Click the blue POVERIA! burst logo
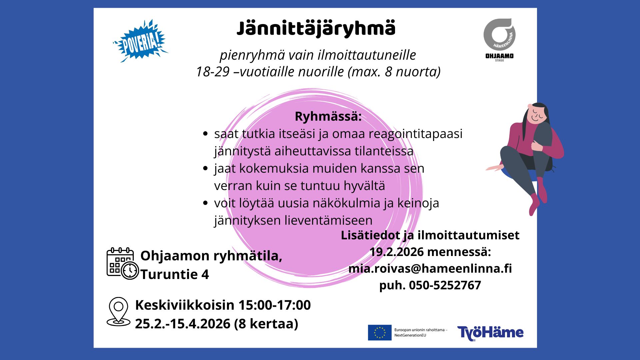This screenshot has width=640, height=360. point(141,41)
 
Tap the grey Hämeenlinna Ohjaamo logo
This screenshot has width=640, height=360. point(499,39)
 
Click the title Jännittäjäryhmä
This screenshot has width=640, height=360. point(316,29)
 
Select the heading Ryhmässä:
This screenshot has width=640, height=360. point(328,116)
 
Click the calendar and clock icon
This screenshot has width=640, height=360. point(122,264)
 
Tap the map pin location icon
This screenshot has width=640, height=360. point(118,312)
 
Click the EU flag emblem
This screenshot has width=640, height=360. point(380,333)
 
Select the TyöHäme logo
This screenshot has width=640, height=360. point(490,333)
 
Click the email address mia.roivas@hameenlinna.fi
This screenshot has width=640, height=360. point(430,268)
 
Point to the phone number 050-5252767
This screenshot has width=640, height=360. point(445,285)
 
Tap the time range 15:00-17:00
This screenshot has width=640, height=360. point(274,305)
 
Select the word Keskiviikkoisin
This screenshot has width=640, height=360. point(185,305)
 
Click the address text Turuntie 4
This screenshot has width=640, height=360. point(175,275)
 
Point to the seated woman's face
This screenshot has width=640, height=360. point(537,114)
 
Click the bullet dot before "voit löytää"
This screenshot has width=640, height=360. point(205,203)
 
